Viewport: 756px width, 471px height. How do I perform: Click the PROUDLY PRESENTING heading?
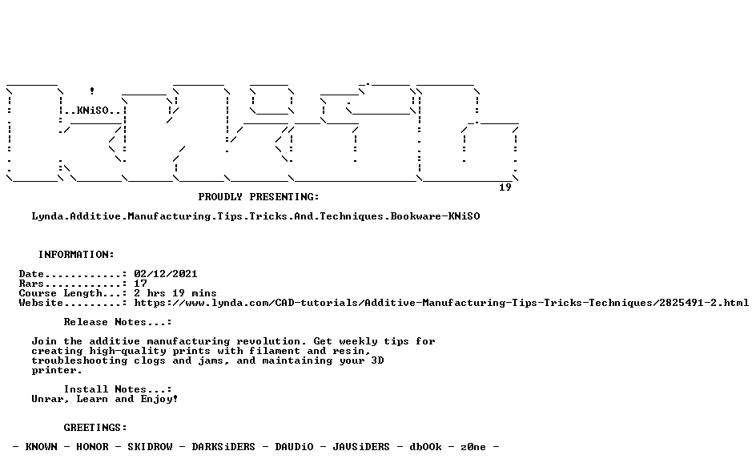click(259, 197)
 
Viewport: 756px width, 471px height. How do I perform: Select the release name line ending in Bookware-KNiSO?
click(256, 216)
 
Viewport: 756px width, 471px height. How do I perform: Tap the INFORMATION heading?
click(76, 255)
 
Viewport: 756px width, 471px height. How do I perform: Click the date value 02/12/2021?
click(166, 274)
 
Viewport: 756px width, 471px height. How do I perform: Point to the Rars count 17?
click(140, 284)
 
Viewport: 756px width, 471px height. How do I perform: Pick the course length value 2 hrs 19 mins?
click(175, 293)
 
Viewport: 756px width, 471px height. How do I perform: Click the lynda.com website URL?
click(441, 303)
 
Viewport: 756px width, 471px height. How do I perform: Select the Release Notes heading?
click(118, 322)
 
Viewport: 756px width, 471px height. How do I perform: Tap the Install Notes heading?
click(118, 389)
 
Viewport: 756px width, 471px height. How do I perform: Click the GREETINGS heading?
click(95, 428)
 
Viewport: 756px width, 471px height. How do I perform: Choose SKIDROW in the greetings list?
click(150, 447)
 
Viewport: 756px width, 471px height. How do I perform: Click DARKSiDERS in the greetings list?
click(223, 447)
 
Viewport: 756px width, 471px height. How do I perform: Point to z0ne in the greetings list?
click(473, 447)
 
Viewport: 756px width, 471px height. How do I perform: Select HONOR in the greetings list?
click(93, 447)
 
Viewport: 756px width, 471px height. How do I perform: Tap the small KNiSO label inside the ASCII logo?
click(93, 111)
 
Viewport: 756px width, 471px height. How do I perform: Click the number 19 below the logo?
click(505, 187)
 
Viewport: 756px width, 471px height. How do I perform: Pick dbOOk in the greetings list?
click(426, 447)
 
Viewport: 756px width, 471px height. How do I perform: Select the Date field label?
click(32, 274)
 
